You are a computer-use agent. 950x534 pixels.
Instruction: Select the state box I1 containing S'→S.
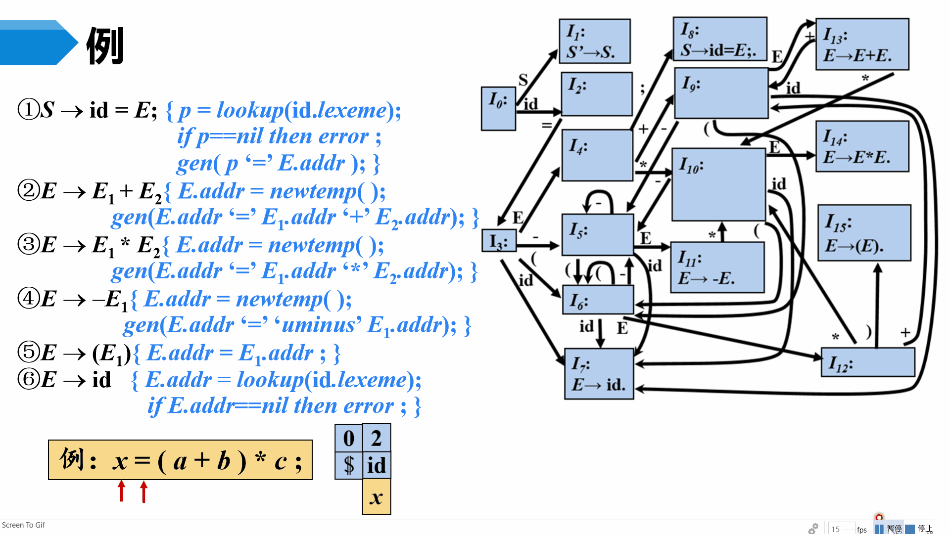pyautogui.click(x=594, y=42)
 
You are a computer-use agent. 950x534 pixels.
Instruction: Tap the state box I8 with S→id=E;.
pyautogui.click(x=720, y=40)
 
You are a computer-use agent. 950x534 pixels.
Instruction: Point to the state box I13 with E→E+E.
pyautogui.click(x=862, y=44)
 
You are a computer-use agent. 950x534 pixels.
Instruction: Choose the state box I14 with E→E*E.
pyautogui.click(x=862, y=146)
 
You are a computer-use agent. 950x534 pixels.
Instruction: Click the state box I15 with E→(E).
pyautogui.click(x=864, y=232)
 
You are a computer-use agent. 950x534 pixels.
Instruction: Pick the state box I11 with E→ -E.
pyautogui.click(x=717, y=267)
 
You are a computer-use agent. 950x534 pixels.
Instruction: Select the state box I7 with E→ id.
pyautogui.click(x=599, y=374)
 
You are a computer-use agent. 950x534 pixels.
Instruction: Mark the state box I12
pyautogui.click(x=868, y=362)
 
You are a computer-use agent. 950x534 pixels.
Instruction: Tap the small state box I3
pyautogui.click(x=499, y=241)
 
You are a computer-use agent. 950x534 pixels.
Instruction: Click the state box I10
pyautogui.click(x=718, y=184)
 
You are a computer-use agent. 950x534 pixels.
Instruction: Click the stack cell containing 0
pyautogui.click(x=349, y=438)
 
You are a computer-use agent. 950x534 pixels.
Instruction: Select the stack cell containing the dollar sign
pyautogui.click(x=349, y=465)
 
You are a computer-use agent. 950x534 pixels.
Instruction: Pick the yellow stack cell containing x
pyautogui.click(x=377, y=497)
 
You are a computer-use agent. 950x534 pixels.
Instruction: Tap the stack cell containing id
pyautogui.click(x=377, y=465)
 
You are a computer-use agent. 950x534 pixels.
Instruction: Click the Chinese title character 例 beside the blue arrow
pyautogui.click(x=105, y=45)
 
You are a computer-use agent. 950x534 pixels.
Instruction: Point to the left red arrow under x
pyautogui.click(x=121, y=491)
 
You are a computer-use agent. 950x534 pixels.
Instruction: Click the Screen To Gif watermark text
pyautogui.click(x=23, y=525)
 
